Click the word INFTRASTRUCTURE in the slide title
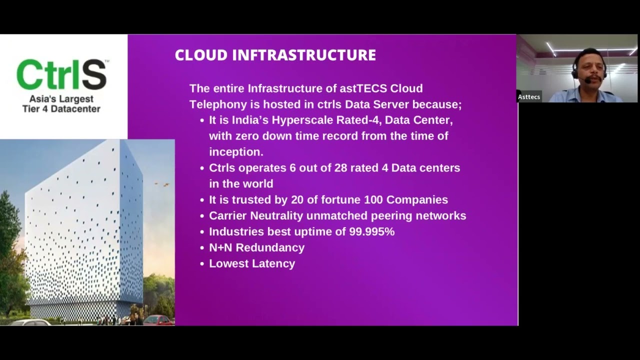[304, 55]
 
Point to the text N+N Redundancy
[256, 247]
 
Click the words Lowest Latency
[252, 263]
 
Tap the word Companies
[417, 200]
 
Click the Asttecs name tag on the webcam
[529, 97]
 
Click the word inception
[236, 151]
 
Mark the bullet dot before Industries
[202, 232]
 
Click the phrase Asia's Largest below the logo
[61, 99]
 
